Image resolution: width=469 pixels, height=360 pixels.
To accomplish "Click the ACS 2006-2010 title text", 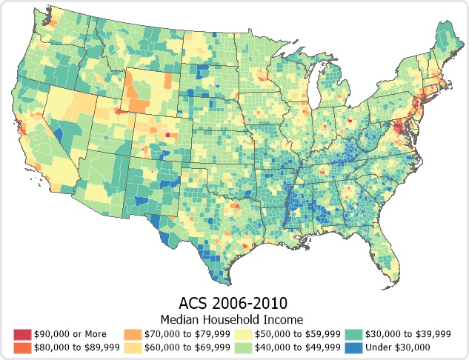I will pyautogui.click(x=233, y=304).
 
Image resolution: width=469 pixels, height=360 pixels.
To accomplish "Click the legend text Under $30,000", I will pyautogui.click(x=399, y=346).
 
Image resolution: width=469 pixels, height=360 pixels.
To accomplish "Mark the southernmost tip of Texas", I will pyautogui.click(x=225, y=283).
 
